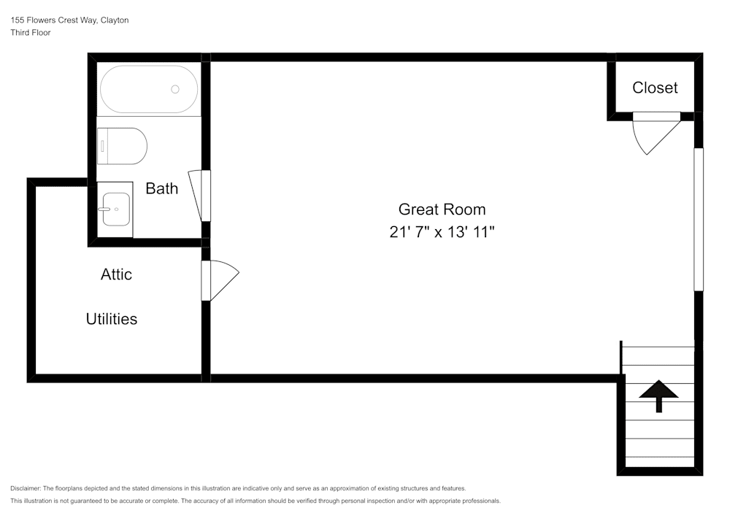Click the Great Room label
pos(442,209)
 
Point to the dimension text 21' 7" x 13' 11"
pos(442,231)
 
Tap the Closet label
pos(655,88)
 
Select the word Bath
pos(161,188)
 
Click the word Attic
pos(116,274)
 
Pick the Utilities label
pos(112,319)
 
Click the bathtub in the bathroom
pos(149,89)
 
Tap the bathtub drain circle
pos(175,89)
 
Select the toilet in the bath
pos(122,146)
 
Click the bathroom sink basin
pos(116,209)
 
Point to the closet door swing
pos(656,134)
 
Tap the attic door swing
pos(220,280)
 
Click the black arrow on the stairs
pos(658,396)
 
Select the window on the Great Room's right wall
pos(699,219)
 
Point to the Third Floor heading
pos(30,33)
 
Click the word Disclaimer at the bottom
pos(25,488)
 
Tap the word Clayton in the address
pos(115,20)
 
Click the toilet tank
pos(102,146)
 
